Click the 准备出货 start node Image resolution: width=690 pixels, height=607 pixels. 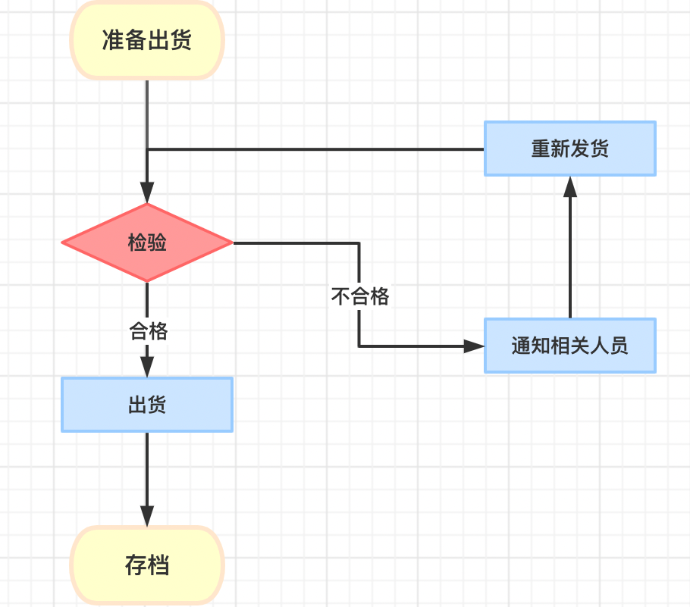147,39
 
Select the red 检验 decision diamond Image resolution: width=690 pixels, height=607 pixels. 147,243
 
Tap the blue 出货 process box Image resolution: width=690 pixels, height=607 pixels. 147,405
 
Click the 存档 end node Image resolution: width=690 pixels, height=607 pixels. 147,565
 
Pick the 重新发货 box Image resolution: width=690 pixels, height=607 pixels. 570,149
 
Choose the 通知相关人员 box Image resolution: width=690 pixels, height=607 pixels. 570,346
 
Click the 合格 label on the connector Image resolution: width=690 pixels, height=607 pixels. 149,331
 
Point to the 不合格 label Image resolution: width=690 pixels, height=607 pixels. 360,296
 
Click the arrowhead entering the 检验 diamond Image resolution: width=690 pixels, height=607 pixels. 147,194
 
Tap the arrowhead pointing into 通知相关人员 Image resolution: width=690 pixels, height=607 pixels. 474,346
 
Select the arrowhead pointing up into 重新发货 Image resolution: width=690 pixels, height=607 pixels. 570,186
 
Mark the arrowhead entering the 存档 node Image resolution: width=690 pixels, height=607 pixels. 147,516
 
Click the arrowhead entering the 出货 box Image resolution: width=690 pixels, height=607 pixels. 147,367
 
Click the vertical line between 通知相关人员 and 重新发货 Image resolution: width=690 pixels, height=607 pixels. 570,258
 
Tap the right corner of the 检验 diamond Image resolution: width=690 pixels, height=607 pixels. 231,243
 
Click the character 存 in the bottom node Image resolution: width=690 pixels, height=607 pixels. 136,565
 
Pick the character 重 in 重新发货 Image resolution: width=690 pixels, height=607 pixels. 541,149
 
